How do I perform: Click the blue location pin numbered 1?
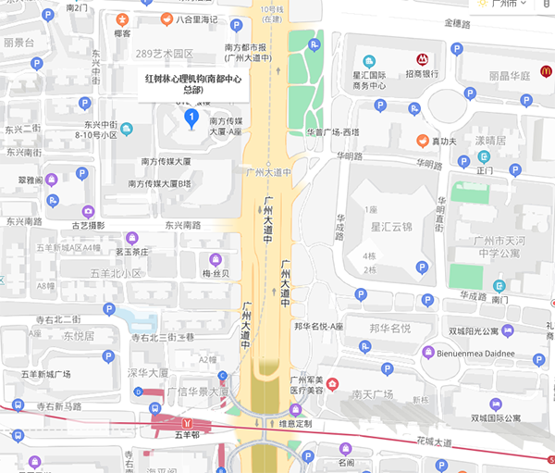click(x=191, y=118)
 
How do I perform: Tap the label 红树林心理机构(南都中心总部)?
click(x=192, y=85)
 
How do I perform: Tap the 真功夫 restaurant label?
click(x=445, y=141)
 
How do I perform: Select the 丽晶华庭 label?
click(x=510, y=76)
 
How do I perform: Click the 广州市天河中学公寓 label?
click(x=501, y=248)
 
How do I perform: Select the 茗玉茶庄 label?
click(x=131, y=251)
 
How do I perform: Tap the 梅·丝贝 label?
click(x=216, y=275)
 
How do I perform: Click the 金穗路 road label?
click(x=459, y=22)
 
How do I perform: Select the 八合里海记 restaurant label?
click(x=196, y=19)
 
